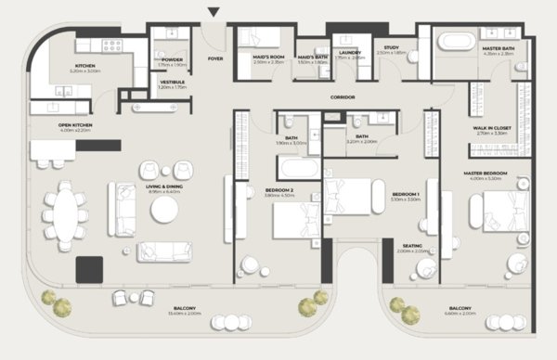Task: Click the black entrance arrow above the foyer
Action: (x=214, y=12)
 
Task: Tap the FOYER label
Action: (x=215, y=58)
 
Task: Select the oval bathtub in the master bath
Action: (x=455, y=41)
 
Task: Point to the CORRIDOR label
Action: (x=344, y=96)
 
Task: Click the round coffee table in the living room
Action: (x=164, y=211)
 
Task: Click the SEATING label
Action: (x=415, y=246)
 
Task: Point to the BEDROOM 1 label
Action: (x=405, y=193)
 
